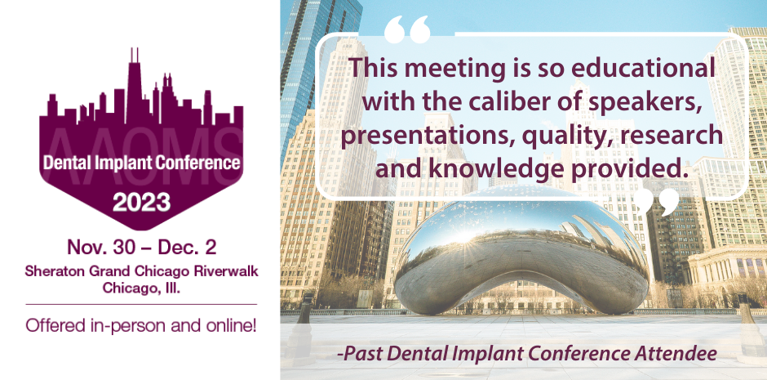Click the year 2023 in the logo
(x=142, y=202)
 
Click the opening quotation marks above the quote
(x=407, y=29)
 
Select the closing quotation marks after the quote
(x=657, y=202)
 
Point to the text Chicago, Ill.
(x=141, y=288)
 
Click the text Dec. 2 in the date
(x=186, y=247)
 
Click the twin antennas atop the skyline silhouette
(x=135, y=56)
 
